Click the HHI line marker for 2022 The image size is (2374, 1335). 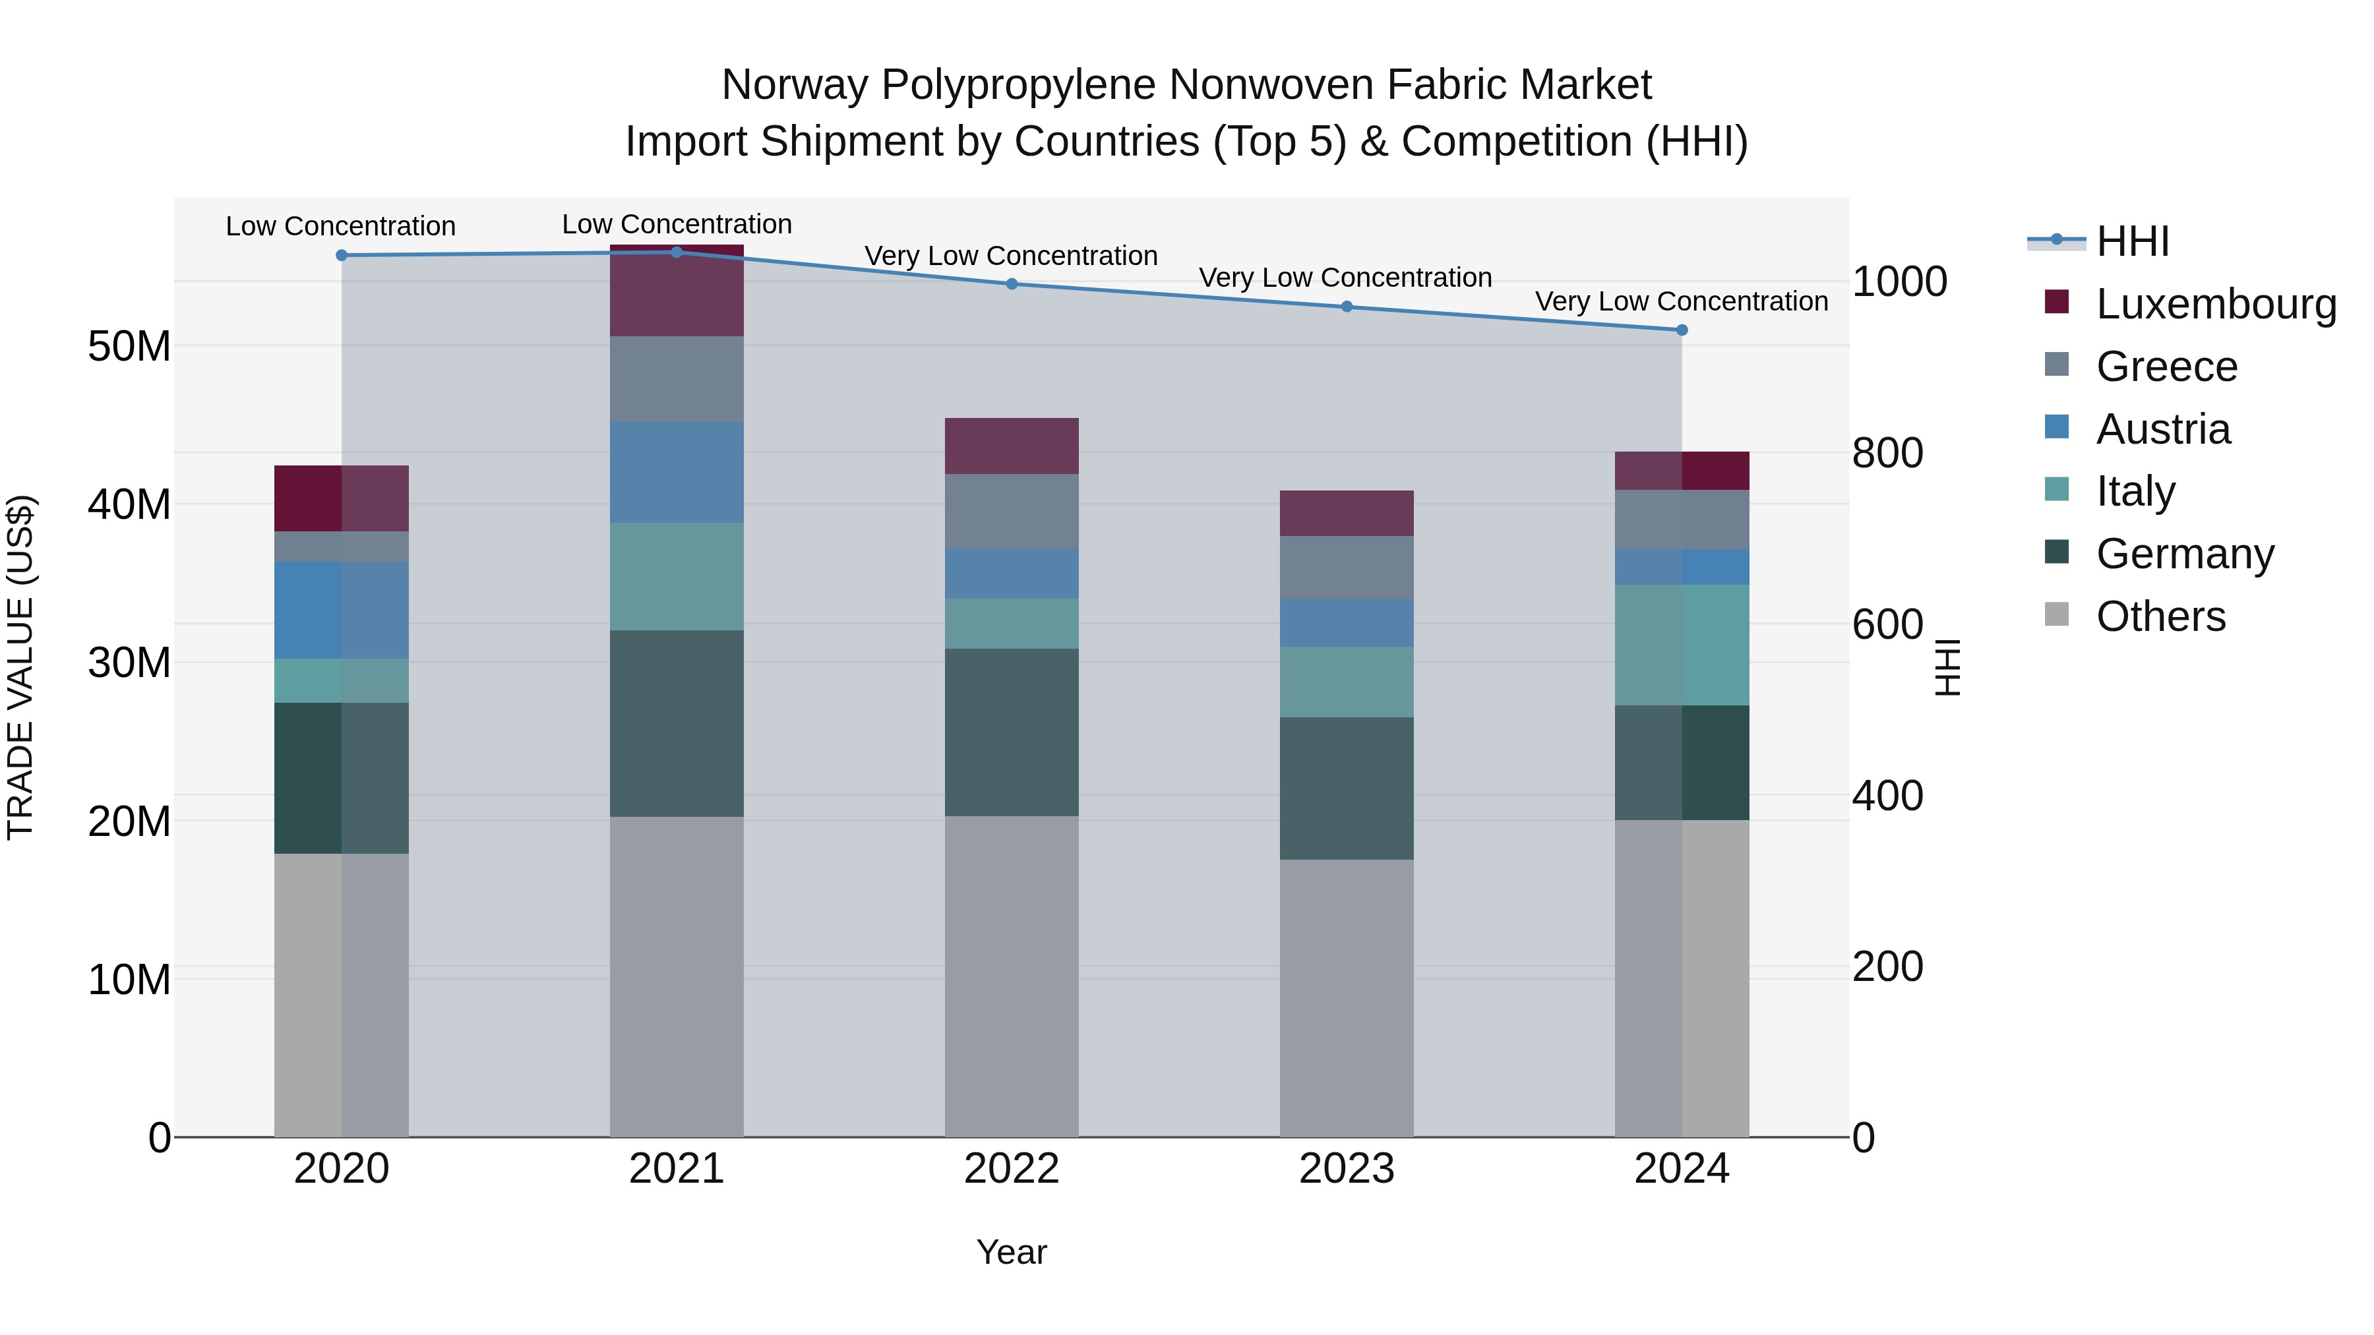tap(1011, 283)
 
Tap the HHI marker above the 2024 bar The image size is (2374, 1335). tap(1682, 330)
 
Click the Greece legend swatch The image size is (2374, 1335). tap(2056, 365)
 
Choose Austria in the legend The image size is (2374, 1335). tap(2163, 429)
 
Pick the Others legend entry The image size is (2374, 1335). tap(2160, 616)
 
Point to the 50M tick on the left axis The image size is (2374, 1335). tap(129, 347)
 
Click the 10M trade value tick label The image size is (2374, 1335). tap(129, 980)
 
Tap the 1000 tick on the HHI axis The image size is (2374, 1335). tap(1899, 282)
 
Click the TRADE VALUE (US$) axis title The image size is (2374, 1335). tap(20, 667)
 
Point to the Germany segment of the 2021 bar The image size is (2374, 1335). tap(677, 723)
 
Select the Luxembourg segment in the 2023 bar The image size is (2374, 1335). tap(1347, 513)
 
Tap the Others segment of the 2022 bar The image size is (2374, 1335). tap(1011, 976)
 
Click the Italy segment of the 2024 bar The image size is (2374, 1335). tap(1682, 645)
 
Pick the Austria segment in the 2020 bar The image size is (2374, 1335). tap(341, 610)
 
